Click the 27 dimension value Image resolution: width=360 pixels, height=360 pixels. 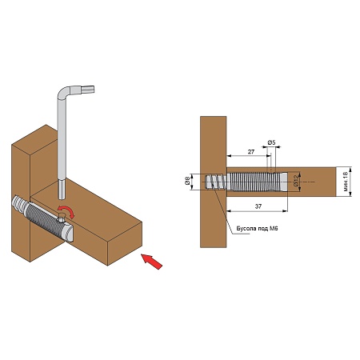[x=251, y=152]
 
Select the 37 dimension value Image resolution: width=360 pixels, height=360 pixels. [x=258, y=206]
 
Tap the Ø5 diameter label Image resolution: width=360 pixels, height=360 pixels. [x=271, y=142]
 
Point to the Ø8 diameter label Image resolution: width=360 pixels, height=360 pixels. [x=187, y=182]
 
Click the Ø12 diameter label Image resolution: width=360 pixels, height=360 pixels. [x=295, y=181]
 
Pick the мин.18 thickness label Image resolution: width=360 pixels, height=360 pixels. [x=346, y=182]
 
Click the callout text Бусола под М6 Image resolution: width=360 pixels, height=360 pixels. [x=257, y=229]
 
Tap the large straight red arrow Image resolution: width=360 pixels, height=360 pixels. [x=151, y=262]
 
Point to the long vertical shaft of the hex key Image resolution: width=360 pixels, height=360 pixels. [x=62, y=144]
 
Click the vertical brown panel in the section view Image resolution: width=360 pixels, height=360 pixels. [x=214, y=182]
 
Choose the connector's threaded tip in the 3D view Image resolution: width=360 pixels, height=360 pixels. [x=19, y=202]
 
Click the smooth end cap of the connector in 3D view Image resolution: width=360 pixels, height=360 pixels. [x=68, y=233]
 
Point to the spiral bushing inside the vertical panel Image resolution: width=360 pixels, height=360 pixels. [x=216, y=182]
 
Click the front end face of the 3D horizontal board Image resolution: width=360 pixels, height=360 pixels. [x=125, y=244]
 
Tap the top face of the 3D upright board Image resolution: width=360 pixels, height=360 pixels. [x=35, y=138]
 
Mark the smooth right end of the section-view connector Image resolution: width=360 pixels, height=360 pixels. [x=284, y=182]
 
